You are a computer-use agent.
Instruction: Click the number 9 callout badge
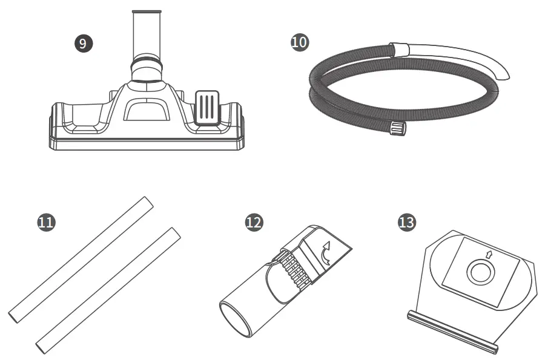(x=84, y=43)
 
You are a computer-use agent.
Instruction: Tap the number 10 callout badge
(x=299, y=42)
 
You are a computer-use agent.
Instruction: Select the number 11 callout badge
(x=46, y=222)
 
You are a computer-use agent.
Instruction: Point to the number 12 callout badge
(x=254, y=222)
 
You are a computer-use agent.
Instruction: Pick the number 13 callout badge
(x=406, y=222)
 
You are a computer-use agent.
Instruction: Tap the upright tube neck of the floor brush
(x=147, y=33)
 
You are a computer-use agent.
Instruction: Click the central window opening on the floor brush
(x=146, y=110)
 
